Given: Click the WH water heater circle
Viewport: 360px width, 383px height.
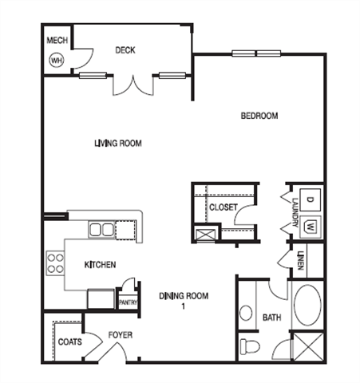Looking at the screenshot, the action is [x=57, y=61].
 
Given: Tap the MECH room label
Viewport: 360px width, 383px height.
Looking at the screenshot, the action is [x=57, y=41].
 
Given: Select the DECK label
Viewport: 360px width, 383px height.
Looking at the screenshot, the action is [x=125, y=50].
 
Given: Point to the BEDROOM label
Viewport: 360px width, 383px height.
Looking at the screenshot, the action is [x=259, y=116].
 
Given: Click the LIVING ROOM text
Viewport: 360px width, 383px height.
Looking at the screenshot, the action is [x=118, y=144].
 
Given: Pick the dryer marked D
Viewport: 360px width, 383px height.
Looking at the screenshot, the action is [x=310, y=199].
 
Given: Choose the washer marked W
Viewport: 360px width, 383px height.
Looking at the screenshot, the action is [x=311, y=226].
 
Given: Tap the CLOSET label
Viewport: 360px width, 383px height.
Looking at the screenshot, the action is [x=224, y=207].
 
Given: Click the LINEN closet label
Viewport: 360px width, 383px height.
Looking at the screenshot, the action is [x=301, y=261].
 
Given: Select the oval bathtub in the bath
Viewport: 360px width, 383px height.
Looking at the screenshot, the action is [x=307, y=306].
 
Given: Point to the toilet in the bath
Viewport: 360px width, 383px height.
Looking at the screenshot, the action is [x=250, y=346].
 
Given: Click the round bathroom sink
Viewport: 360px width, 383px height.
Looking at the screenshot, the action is [x=246, y=313].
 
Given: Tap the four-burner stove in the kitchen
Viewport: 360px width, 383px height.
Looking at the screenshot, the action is [x=55, y=263].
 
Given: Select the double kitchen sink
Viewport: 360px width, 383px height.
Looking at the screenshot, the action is [x=101, y=230].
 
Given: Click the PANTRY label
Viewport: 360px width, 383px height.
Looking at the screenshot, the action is [x=128, y=302].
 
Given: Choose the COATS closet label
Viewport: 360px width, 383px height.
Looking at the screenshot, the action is [x=69, y=342].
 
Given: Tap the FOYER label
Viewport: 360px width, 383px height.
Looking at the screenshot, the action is [x=121, y=335].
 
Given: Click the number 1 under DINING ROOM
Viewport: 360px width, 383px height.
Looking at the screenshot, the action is [x=184, y=306].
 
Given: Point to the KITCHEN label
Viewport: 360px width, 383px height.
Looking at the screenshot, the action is [x=100, y=265].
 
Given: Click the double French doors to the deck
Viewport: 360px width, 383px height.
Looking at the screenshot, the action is [x=133, y=85].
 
